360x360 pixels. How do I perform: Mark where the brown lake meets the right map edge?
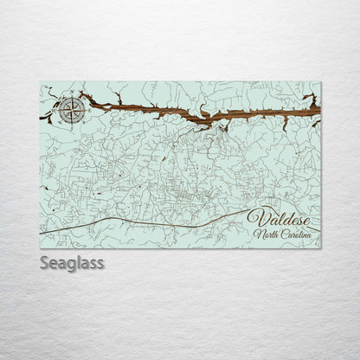tap(319, 107)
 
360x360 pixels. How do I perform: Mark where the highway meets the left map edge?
tap(41, 233)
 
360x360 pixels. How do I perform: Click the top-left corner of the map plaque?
tap(41, 82)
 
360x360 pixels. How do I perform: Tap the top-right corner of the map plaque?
tap(320, 82)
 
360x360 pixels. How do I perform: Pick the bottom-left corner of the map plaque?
tap(41, 248)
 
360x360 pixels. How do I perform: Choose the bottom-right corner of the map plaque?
tap(320, 248)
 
